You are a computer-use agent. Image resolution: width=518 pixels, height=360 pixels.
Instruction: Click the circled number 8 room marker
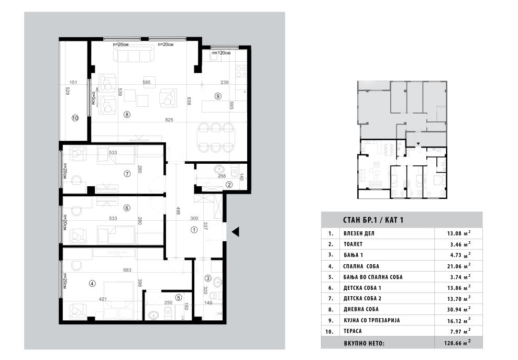(x=127, y=115)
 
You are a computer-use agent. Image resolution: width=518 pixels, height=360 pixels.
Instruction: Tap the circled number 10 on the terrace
(x=75, y=117)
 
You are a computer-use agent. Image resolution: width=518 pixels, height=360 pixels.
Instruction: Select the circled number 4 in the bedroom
(x=92, y=283)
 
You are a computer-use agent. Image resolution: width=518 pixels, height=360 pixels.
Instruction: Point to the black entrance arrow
(x=235, y=232)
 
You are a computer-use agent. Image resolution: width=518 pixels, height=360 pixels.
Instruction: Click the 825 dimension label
(x=169, y=120)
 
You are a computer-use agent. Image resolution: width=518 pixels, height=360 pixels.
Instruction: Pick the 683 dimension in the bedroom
(x=127, y=270)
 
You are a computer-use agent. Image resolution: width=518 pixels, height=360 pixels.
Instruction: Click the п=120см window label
(x=222, y=53)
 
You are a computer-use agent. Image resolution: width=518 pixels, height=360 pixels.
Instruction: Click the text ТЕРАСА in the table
(x=352, y=331)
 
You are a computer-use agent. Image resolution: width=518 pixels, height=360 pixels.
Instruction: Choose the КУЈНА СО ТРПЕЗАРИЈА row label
(x=372, y=320)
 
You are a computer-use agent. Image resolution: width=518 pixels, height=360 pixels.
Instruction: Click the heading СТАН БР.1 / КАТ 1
(x=373, y=220)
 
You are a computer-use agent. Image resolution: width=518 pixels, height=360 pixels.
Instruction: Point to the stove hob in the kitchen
(x=240, y=72)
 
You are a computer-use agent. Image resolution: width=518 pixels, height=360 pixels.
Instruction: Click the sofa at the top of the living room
(x=134, y=54)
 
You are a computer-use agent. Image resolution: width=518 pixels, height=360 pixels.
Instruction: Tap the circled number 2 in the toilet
(x=229, y=185)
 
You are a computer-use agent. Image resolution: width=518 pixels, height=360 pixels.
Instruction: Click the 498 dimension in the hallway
(x=178, y=211)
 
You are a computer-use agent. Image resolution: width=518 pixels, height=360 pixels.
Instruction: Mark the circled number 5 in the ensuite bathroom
(x=179, y=298)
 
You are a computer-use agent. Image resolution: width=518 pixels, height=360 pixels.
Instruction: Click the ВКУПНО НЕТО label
(x=364, y=343)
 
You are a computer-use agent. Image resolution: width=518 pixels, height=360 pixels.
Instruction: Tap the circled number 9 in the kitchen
(x=218, y=96)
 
